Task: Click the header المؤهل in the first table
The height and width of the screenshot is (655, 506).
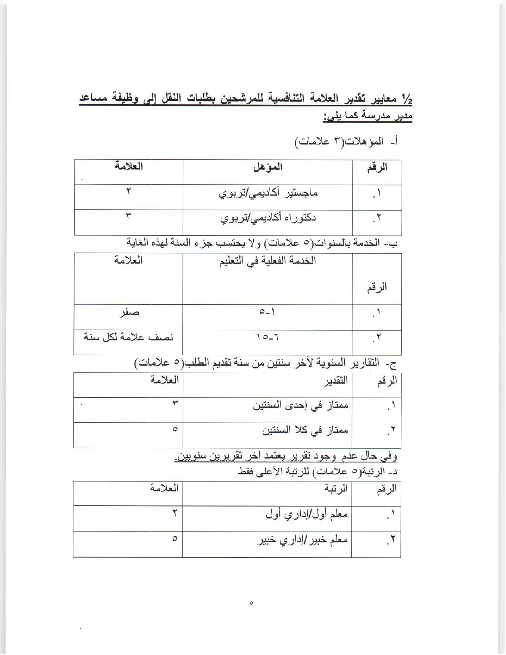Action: (x=268, y=167)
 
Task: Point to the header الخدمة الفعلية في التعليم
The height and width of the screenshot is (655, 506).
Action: (x=268, y=261)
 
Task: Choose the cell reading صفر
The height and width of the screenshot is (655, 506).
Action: (x=129, y=312)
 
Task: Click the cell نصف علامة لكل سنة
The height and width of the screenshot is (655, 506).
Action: (x=129, y=337)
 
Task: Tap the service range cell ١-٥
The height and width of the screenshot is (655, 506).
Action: (x=267, y=312)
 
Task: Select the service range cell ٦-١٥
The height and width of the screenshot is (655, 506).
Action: (x=268, y=337)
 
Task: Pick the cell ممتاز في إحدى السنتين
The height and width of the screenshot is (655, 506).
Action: (x=300, y=405)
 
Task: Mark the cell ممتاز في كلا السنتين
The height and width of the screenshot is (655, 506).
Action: (x=305, y=430)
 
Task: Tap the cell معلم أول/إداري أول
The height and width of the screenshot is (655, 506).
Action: (x=307, y=514)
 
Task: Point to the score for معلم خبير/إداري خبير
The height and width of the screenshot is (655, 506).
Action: (x=175, y=539)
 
